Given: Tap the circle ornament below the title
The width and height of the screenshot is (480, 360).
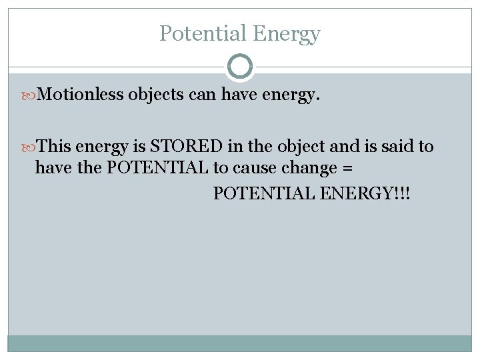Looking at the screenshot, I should click(x=240, y=67).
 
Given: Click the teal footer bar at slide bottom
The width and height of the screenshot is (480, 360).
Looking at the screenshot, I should click(x=240, y=343).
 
